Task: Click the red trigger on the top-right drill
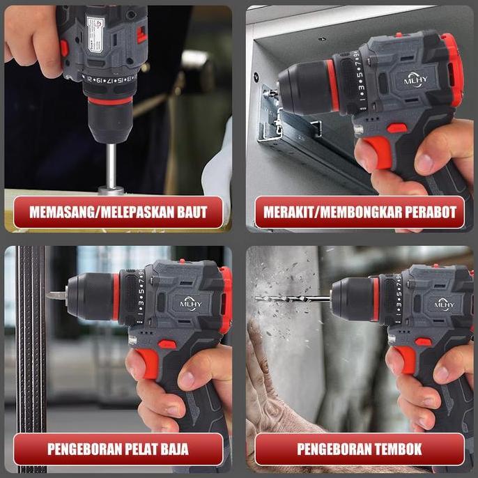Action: (x=378, y=153)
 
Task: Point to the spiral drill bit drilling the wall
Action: (x=293, y=299)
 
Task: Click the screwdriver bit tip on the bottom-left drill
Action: (x=54, y=296)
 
